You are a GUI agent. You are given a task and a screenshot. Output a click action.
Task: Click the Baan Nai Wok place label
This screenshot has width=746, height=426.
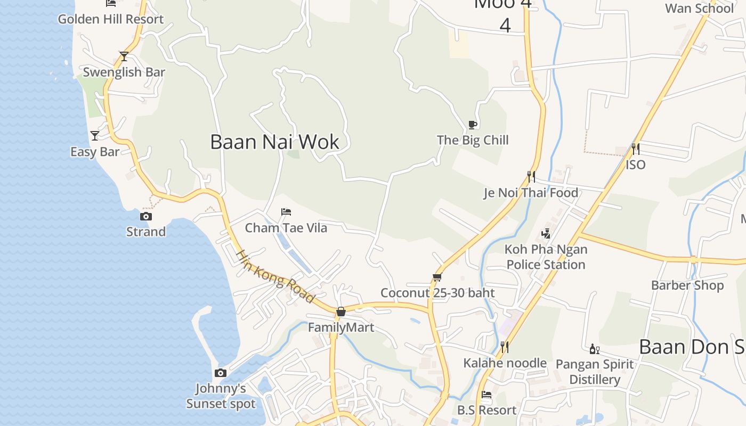pyautogui.click(x=274, y=142)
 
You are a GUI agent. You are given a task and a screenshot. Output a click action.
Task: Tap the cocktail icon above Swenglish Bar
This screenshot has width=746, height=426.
pyautogui.click(x=124, y=56)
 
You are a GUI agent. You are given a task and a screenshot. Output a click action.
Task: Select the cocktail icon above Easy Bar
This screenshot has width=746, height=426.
pyautogui.click(x=95, y=136)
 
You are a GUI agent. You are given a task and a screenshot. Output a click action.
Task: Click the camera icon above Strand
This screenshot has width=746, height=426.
pyautogui.click(x=145, y=216)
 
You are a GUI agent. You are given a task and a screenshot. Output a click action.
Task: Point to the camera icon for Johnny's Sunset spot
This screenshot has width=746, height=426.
pyautogui.click(x=221, y=373)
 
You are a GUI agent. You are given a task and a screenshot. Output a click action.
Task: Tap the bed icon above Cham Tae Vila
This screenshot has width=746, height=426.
pyautogui.click(x=286, y=212)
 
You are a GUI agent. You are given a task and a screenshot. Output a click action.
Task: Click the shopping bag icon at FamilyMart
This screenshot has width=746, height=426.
pyautogui.click(x=341, y=312)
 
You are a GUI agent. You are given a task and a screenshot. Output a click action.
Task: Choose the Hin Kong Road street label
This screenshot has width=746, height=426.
pyautogui.click(x=275, y=276)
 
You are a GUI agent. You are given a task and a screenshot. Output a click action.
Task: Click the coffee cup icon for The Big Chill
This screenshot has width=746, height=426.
pyautogui.click(x=472, y=125)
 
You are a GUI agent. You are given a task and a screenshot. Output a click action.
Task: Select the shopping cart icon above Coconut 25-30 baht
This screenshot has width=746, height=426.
pyautogui.click(x=437, y=277)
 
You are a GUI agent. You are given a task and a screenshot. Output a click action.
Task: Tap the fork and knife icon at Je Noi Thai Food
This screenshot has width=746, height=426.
pyautogui.click(x=531, y=176)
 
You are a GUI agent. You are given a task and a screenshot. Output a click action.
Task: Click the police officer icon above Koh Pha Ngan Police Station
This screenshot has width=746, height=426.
pyautogui.click(x=546, y=233)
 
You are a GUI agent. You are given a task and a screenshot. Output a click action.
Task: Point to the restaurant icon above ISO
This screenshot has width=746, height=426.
pyautogui.click(x=635, y=149)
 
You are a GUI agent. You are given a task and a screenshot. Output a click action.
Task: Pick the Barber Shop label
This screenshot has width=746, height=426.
pyautogui.click(x=687, y=285)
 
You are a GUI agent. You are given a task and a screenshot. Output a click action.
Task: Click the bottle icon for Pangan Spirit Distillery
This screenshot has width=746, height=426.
pyautogui.click(x=594, y=349)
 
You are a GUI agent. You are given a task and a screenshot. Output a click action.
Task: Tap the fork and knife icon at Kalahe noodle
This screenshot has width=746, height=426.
pyautogui.click(x=504, y=347)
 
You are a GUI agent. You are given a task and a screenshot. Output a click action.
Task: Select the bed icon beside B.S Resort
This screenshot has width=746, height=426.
pyautogui.click(x=486, y=395)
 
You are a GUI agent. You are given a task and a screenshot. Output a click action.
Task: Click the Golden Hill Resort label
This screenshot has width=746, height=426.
pyautogui.click(x=111, y=19)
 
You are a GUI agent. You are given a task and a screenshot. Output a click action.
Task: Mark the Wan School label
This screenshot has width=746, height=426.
pyautogui.click(x=699, y=9)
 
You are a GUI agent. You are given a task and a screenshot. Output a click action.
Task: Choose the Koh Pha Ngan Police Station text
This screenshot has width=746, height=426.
pyautogui.click(x=546, y=257)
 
